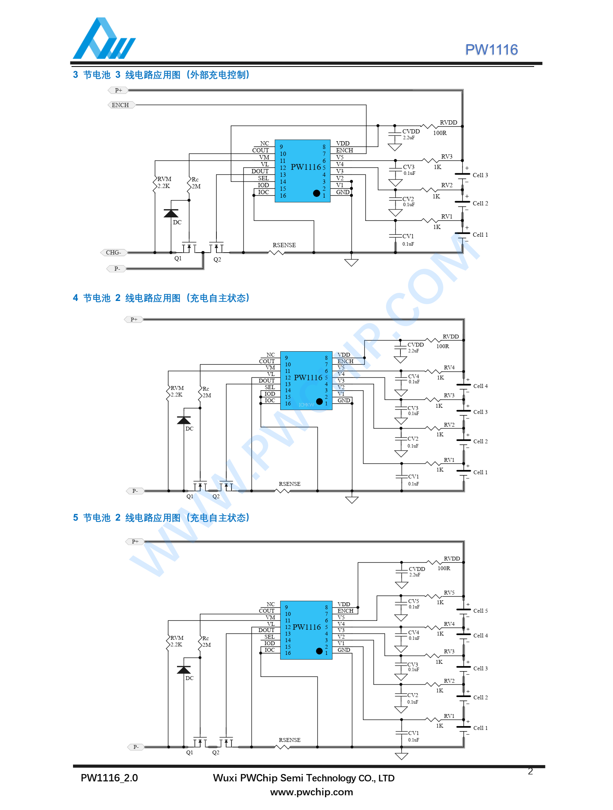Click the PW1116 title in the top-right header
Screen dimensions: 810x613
tap(491, 50)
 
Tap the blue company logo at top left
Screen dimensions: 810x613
tap(104, 39)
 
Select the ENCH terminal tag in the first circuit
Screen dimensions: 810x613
tap(121, 105)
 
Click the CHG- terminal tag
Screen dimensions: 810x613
tap(114, 253)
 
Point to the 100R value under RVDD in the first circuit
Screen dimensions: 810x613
tap(440, 133)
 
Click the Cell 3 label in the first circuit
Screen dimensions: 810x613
tap(480, 175)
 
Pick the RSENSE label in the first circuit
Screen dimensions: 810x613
tap(284, 245)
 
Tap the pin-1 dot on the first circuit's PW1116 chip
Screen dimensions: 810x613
tap(317, 193)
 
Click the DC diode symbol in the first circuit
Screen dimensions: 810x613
tap(171, 214)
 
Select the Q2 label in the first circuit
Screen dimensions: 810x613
tap(217, 260)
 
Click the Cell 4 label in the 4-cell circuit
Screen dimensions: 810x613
tap(480, 386)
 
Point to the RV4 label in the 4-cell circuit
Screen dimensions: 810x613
tap(449, 367)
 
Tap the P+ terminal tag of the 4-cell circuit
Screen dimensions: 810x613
tap(134, 320)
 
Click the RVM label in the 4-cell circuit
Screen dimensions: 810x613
tap(177, 388)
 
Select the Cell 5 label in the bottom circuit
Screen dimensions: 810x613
tap(480, 611)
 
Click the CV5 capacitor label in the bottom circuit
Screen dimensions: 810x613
tap(414, 601)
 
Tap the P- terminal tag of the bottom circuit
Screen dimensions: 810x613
tap(136, 747)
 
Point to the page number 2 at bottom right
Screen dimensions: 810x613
tap(530, 771)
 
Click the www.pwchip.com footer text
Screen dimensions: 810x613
tap(312, 792)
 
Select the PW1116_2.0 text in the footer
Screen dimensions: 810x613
tap(109, 778)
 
